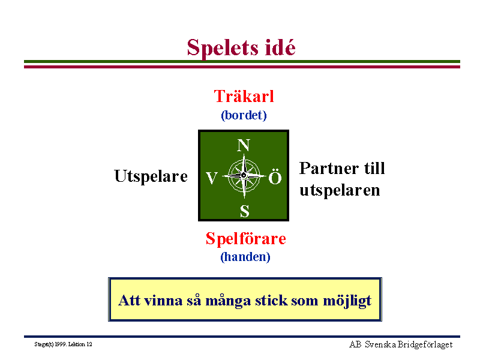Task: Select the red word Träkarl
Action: coord(244,96)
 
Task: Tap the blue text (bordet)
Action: coord(244,115)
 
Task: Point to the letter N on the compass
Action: coord(244,145)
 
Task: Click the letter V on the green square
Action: coord(212,178)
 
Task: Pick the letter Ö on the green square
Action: coord(275,176)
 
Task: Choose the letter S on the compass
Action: coord(244,211)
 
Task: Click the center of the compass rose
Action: coord(244,175)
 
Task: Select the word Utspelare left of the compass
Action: coord(151,176)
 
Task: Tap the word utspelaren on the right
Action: coord(340,190)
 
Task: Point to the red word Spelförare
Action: coord(246,238)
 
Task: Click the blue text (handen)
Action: coord(245,257)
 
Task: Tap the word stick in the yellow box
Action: coord(271,301)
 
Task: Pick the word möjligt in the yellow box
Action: coord(347,301)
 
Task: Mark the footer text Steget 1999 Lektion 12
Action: coord(63,344)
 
